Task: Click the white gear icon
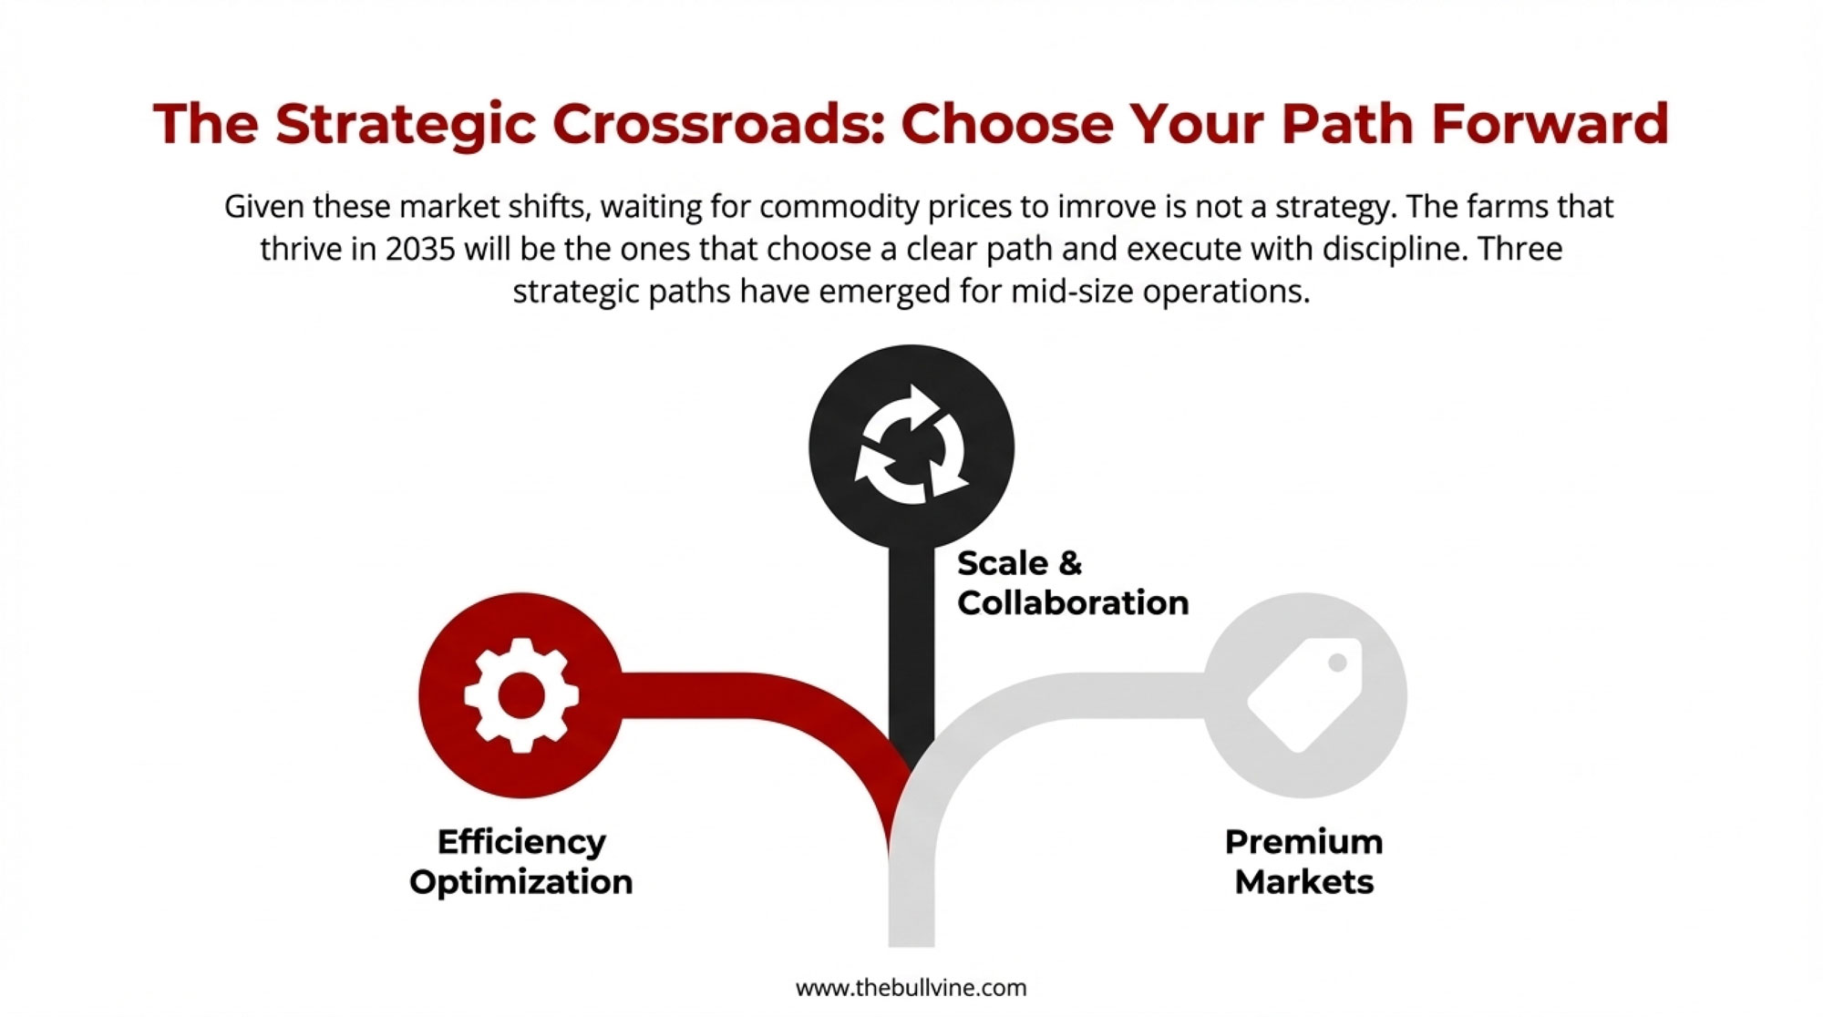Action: click(521, 695)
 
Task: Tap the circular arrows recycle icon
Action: click(911, 444)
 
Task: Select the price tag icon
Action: click(1305, 694)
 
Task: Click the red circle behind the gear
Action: click(521, 695)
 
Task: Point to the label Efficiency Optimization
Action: click(521, 861)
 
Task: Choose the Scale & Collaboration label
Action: click(1073, 583)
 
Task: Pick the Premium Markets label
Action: click(1304, 861)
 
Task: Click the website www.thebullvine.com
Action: click(911, 988)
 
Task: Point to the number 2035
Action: click(419, 249)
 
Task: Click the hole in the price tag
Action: click(1337, 663)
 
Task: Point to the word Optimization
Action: click(521, 882)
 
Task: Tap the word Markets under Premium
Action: click(1304, 882)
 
